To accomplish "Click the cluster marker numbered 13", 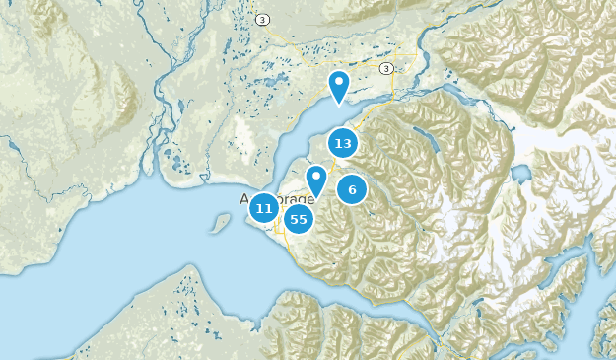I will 343,144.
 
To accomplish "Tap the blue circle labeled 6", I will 352,189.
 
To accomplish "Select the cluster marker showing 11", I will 263,208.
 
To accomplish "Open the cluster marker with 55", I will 298,219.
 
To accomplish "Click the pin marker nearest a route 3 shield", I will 339,86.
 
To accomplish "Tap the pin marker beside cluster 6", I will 316,180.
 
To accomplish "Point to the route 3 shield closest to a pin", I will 385,68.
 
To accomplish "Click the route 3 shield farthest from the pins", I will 262,19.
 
